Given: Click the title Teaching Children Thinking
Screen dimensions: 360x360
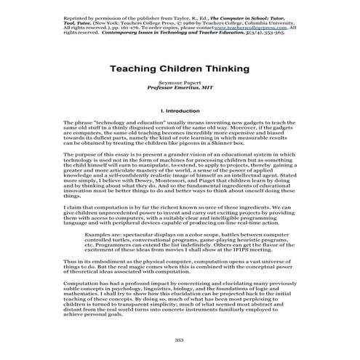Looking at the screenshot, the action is tap(180, 68).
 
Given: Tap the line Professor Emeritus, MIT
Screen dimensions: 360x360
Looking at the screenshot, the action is tap(179, 89).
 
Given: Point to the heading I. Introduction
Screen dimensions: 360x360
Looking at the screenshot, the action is tap(180, 111).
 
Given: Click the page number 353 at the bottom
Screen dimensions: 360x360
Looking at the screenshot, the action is tap(180, 340).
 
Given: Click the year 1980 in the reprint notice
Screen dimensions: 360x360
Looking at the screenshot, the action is tap(188, 21).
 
